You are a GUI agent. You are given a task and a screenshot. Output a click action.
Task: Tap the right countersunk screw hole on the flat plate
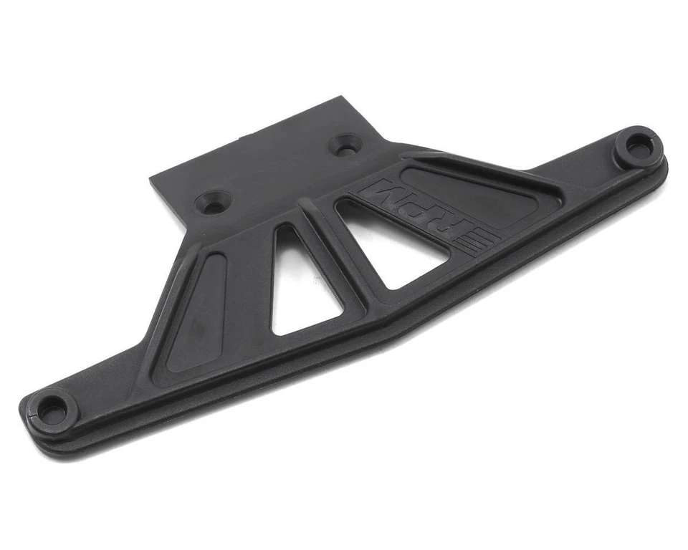pos(345,145)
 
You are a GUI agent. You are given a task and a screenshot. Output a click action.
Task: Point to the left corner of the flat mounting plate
pos(151,179)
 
